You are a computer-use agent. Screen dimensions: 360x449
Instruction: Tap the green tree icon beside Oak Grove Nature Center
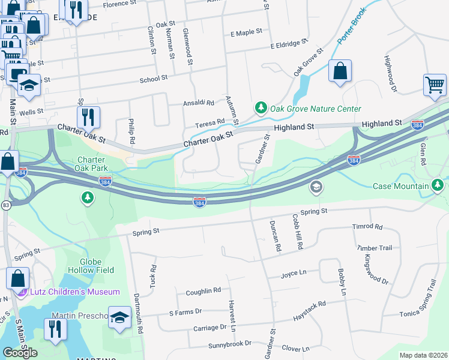(260, 108)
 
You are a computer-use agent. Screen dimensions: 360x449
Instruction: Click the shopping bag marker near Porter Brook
(340, 71)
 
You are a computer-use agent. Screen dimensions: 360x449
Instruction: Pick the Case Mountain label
(400, 186)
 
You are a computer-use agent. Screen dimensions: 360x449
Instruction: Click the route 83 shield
(5, 205)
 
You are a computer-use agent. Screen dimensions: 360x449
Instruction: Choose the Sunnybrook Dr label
(229, 345)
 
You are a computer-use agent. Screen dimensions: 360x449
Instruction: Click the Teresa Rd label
(209, 122)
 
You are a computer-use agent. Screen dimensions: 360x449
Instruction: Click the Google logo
(20, 353)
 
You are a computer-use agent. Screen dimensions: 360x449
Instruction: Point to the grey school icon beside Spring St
(315, 188)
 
